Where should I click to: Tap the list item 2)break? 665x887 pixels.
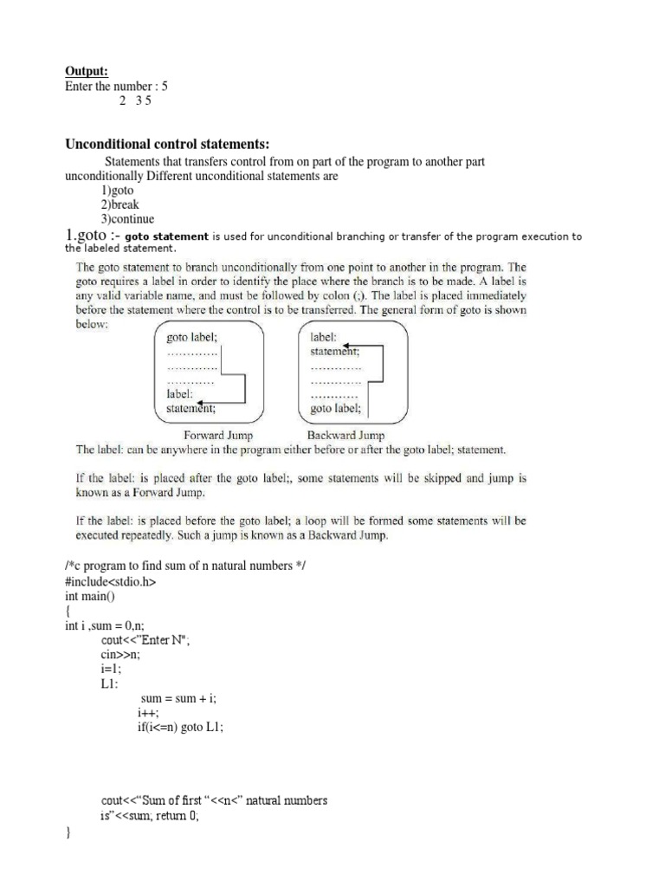tap(119, 205)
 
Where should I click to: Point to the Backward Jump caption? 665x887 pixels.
tap(346, 436)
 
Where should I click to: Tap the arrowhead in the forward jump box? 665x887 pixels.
tap(200, 403)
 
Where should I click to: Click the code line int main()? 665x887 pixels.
tap(89, 597)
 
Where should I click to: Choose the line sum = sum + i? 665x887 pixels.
tap(178, 698)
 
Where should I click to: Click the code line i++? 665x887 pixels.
tap(148, 713)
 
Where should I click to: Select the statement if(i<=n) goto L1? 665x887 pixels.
tap(180, 728)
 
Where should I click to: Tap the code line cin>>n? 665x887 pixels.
tap(120, 655)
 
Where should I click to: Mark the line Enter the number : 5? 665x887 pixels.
tap(116, 87)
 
